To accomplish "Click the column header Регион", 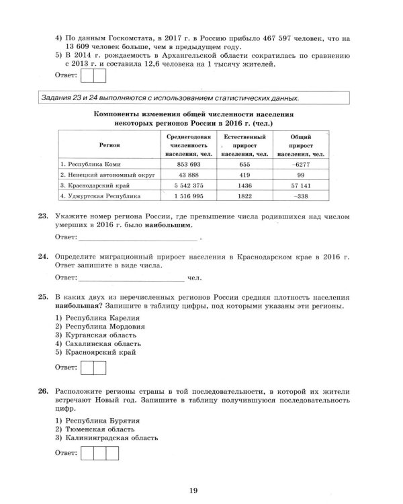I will [109, 144].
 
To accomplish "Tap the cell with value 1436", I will [243, 185].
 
